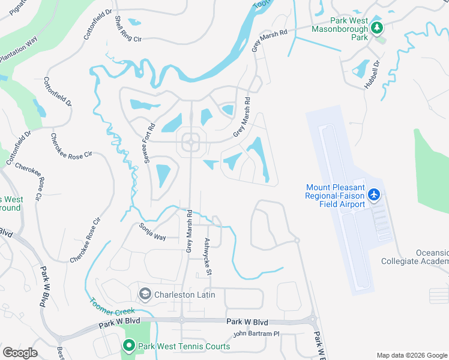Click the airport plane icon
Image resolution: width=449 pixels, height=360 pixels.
(375, 194)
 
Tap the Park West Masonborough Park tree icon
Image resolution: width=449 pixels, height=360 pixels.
(377, 28)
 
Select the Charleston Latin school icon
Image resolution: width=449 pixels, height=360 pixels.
(145, 294)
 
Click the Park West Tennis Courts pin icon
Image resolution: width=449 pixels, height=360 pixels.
(128, 346)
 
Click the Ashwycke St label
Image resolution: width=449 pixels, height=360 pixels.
(208, 257)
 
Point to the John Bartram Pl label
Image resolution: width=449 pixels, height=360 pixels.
(256, 334)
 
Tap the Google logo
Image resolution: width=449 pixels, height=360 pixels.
(20, 353)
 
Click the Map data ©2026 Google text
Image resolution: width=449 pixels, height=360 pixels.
(412, 355)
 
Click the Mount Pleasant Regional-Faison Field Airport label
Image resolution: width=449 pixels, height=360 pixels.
(335, 196)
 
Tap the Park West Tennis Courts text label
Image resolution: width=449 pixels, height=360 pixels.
(184, 346)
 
